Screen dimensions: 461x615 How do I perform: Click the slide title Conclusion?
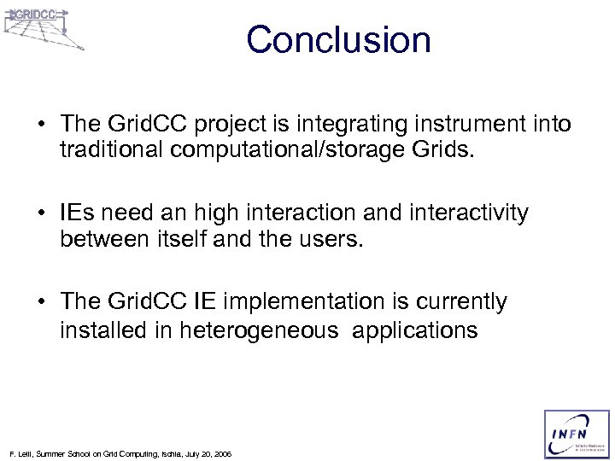click(x=339, y=40)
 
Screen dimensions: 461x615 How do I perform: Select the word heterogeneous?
click(x=259, y=330)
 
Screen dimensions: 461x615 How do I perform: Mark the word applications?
click(x=413, y=330)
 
